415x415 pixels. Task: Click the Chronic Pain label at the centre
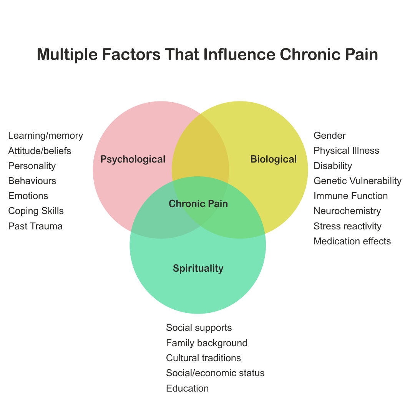(x=198, y=204)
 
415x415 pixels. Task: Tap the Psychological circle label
(x=133, y=159)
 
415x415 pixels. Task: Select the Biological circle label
(x=274, y=159)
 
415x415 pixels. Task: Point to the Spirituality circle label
(x=198, y=268)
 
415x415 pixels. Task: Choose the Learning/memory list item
(x=45, y=136)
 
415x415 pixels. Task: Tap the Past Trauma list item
(x=35, y=226)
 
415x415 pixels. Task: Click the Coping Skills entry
(x=36, y=211)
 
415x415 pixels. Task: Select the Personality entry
(x=32, y=166)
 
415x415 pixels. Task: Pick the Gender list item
(x=330, y=136)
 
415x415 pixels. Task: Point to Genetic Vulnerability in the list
(x=357, y=181)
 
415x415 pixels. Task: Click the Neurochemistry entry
(x=347, y=211)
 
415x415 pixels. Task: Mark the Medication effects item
(x=352, y=241)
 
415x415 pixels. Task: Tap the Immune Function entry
(x=351, y=196)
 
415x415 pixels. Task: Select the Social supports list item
(x=199, y=328)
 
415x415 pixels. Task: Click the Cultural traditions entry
(x=204, y=358)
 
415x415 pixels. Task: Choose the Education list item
(x=188, y=388)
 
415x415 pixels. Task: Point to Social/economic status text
(x=215, y=373)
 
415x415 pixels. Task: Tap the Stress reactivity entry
(x=348, y=226)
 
